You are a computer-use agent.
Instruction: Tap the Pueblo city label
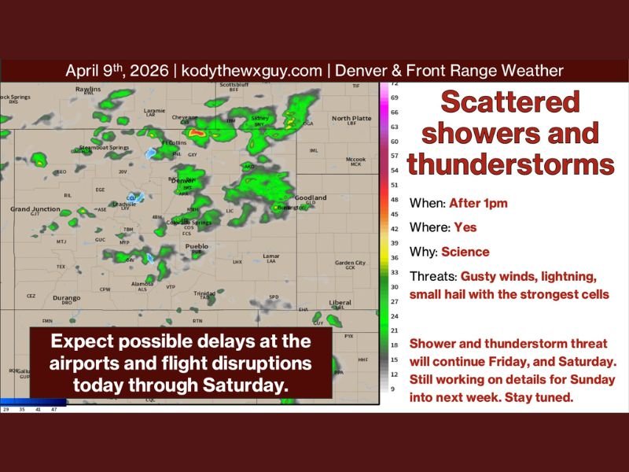[x=197, y=246]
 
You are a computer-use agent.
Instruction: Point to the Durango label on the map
[x=67, y=298]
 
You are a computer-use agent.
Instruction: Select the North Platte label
[x=351, y=118]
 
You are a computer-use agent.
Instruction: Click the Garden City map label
[x=350, y=263]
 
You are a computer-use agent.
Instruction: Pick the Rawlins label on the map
[x=87, y=89]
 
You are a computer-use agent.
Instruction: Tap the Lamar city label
[x=271, y=256]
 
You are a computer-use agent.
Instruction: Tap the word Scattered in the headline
[x=509, y=102]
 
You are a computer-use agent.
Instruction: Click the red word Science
[x=465, y=253]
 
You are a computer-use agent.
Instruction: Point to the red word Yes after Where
[x=465, y=227]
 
